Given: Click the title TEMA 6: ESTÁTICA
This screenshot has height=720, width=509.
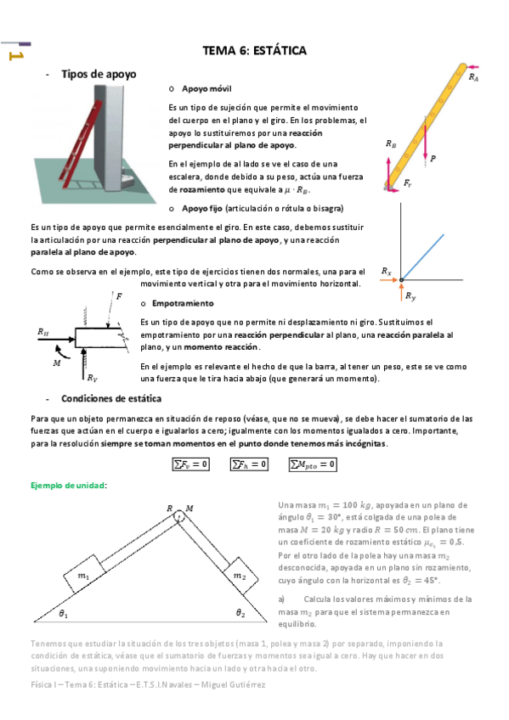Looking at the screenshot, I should pyautogui.click(x=254, y=51).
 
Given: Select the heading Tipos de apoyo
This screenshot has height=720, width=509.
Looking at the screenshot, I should pyautogui.click(x=98, y=75).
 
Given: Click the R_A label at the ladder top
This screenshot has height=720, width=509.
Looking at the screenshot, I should pyautogui.click(x=473, y=76).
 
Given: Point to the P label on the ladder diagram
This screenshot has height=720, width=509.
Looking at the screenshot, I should pyautogui.click(x=433, y=158).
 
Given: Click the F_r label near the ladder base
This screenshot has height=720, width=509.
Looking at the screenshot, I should pyautogui.click(x=409, y=183).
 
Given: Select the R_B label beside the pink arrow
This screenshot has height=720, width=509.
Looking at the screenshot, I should pyautogui.click(x=390, y=144).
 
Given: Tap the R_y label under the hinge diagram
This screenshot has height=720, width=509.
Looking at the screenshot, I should pyautogui.click(x=410, y=295).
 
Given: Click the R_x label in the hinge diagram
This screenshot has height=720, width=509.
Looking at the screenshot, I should pyautogui.click(x=387, y=272).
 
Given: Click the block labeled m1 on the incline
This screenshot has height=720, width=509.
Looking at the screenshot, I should pyautogui.click(x=83, y=575).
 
